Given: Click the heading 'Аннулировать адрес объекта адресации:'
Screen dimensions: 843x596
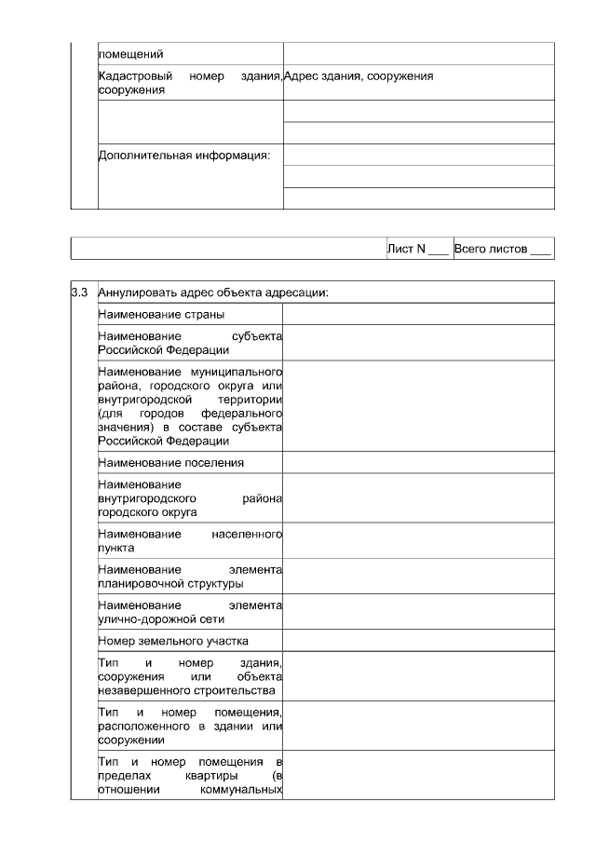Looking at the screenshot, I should click(213, 292).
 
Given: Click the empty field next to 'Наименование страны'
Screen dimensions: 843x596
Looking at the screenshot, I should click(418, 315).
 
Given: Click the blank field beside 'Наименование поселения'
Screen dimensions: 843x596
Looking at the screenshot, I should click(418, 462).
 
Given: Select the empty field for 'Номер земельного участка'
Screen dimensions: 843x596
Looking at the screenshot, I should click(418, 641).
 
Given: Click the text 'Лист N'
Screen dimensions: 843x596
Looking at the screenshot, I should click(406, 249).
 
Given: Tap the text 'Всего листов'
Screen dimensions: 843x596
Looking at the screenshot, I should click(491, 249).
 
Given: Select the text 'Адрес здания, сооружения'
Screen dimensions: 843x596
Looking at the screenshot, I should click(359, 76).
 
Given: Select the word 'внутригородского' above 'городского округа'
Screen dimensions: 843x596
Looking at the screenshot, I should click(144, 498).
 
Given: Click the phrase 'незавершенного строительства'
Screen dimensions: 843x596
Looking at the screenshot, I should click(186, 690).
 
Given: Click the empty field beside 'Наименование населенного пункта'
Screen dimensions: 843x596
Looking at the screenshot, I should click(418, 541).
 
